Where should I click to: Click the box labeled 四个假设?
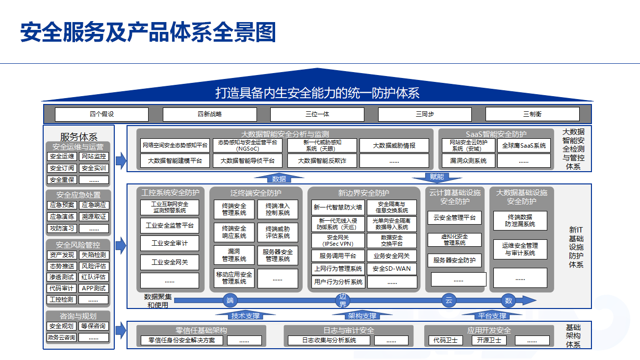coord(102,114)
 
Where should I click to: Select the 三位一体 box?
coord(317,114)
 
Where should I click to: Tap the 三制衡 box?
coord(532,114)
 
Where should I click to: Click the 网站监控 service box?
coord(94,156)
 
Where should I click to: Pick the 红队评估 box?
coord(94,277)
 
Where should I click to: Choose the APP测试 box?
coord(94,288)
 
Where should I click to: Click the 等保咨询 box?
coord(94,326)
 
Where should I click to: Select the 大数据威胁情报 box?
coord(394,146)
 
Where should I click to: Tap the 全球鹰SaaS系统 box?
coord(524,146)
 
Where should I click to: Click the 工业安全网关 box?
coord(170,262)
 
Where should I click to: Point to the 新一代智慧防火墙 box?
coord(338,207)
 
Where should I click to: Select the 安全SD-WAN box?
coord(392,269)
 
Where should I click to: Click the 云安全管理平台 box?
coord(455,217)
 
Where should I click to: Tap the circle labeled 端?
coord(230,300)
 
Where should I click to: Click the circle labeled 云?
coord(448,300)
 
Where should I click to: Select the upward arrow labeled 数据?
coord(279,179)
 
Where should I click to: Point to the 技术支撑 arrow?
coord(246,315)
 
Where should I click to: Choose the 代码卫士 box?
coord(445,340)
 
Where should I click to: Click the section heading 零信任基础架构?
coord(201,331)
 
